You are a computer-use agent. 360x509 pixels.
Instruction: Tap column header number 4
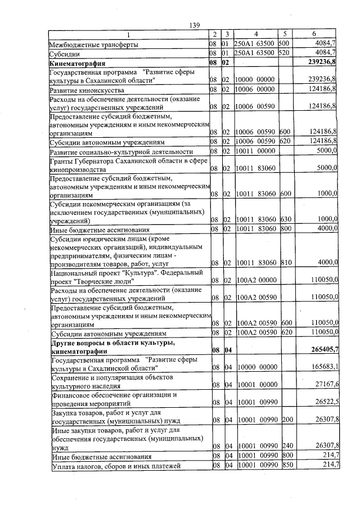coord(255,34)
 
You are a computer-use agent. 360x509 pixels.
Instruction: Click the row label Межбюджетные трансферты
coord(93,43)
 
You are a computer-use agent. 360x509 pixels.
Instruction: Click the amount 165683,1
coord(323,367)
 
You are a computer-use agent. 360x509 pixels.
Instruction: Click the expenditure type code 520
coord(284,53)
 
